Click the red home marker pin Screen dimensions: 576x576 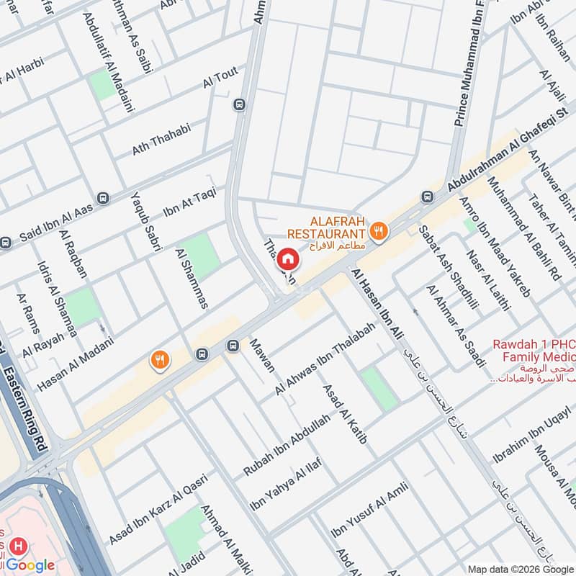click(287, 258)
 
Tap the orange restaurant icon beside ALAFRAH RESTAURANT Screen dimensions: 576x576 click(378, 231)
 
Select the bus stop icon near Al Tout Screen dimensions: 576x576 click(238, 104)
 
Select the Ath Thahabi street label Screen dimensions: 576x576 click(161, 140)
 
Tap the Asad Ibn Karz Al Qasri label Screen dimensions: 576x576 click(158, 509)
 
